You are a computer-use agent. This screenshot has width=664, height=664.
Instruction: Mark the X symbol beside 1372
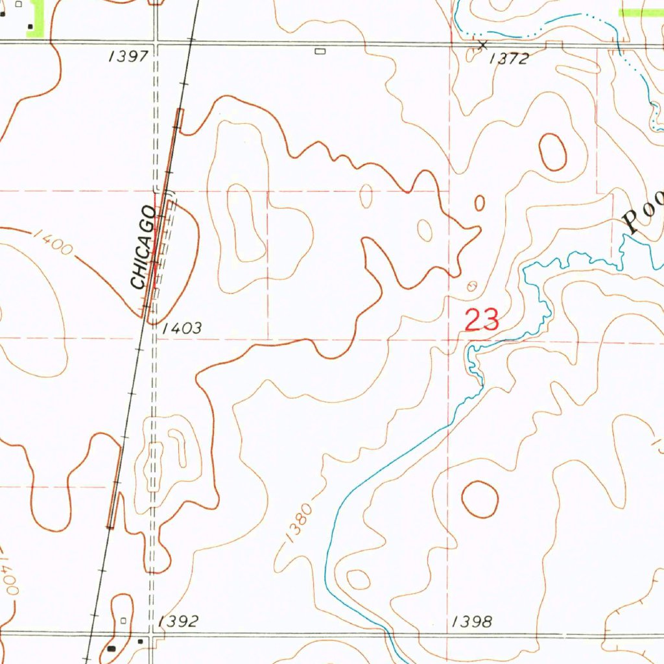[x=482, y=45]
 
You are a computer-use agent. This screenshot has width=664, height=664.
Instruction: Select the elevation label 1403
[x=182, y=329]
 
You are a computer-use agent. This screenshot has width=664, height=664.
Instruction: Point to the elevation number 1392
[x=178, y=622]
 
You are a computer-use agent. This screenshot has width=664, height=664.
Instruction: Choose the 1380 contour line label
[x=298, y=523]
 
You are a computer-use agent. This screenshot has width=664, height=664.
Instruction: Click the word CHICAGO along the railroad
[x=143, y=248]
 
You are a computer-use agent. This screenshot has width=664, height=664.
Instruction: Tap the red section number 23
[x=482, y=320]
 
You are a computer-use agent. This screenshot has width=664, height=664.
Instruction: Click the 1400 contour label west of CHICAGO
[x=53, y=243]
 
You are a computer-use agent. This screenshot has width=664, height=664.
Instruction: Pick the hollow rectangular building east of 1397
[x=319, y=51]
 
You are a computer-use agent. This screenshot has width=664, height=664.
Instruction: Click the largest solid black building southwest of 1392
[x=112, y=647]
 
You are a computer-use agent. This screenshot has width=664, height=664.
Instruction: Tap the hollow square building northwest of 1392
[x=124, y=621]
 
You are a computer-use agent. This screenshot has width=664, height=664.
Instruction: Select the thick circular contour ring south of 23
[x=479, y=499]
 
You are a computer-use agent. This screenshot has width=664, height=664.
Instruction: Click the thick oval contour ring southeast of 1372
[x=552, y=152]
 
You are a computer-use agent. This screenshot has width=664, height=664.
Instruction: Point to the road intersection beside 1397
[x=156, y=43]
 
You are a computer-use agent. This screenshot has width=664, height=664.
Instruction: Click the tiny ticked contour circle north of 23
[x=471, y=285]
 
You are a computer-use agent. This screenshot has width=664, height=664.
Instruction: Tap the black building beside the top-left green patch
[x=30, y=26]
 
